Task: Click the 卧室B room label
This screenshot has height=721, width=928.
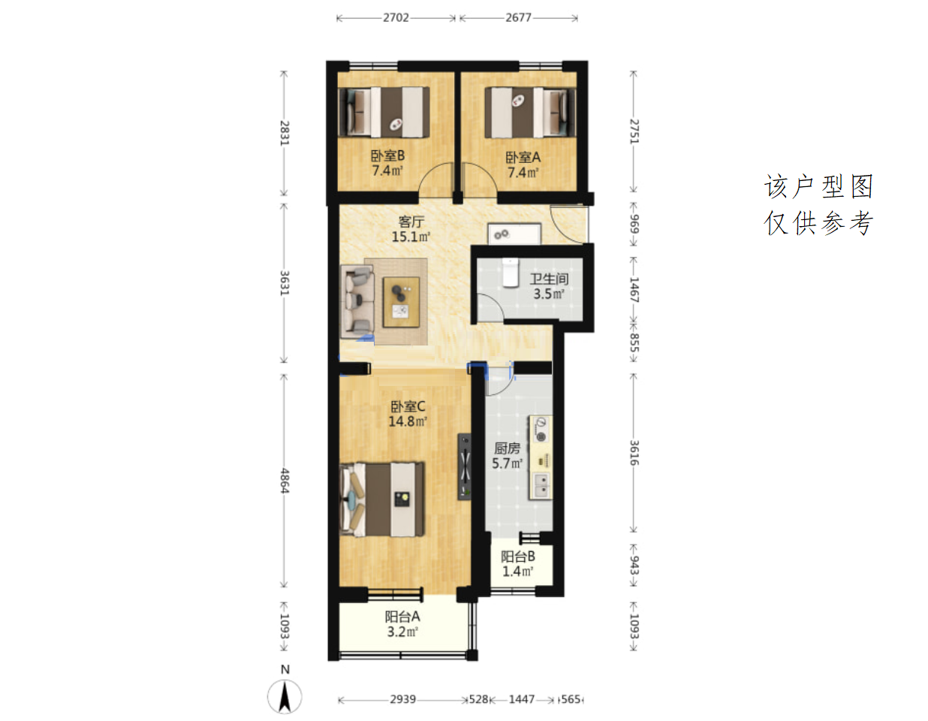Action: [387, 155]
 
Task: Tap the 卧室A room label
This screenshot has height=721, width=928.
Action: [523, 158]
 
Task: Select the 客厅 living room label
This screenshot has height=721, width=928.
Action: [411, 222]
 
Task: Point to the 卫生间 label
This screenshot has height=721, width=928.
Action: [549, 279]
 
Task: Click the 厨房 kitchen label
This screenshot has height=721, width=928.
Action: [507, 448]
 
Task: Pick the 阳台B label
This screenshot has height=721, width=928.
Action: [517, 557]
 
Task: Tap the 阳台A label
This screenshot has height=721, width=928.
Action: [402, 617]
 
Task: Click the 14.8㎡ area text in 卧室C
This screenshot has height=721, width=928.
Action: [408, 421]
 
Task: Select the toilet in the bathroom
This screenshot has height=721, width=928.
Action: [510, 273]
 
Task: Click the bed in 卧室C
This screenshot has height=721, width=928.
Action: [382, 499]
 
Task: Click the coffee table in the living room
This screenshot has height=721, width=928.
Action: [401, 303]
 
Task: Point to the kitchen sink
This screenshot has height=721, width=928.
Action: [541, 486]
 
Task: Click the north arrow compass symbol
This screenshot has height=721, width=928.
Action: [285, 697]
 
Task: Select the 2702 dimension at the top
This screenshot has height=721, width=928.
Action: [396, 17]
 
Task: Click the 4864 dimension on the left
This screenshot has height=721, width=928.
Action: [285, 481]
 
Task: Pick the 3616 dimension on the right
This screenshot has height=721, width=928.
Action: [634, 453]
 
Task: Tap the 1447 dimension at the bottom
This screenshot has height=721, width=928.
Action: [522, 699]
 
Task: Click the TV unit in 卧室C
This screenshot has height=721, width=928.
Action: [465, 466]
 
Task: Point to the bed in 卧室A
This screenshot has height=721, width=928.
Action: [530, 113]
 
